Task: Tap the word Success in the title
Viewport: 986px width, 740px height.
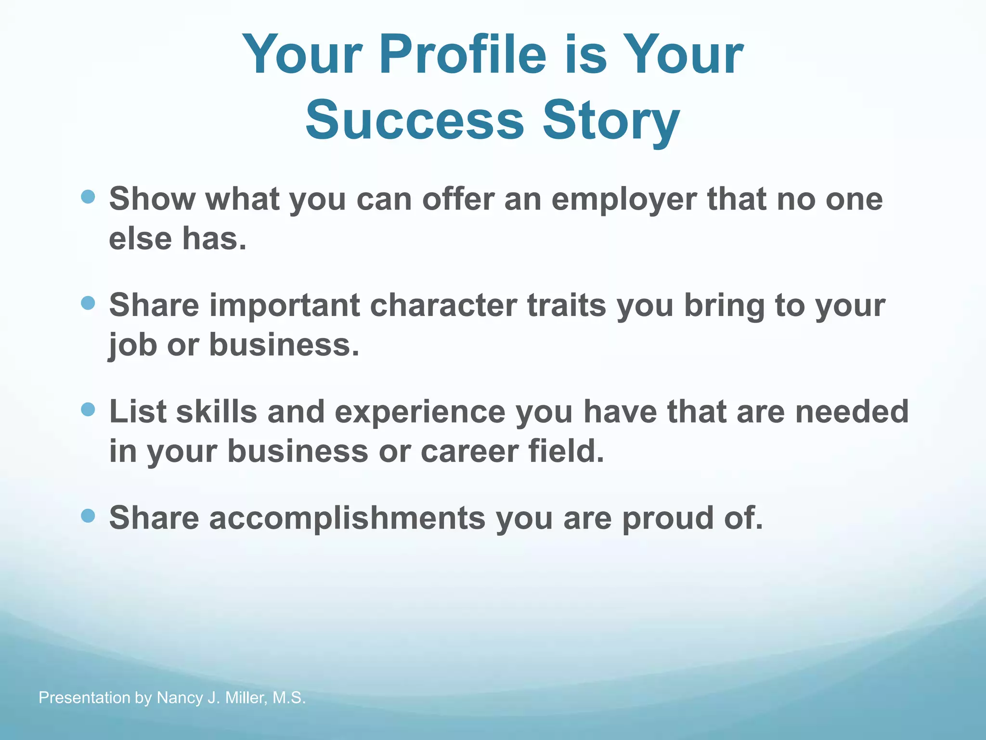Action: [414, 120]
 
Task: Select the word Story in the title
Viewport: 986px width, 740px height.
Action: [611, 120]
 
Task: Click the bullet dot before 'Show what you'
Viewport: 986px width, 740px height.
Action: [88, 196]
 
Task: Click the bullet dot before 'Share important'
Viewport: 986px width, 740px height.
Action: [88, 303]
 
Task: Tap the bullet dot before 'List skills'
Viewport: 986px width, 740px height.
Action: [88, 410]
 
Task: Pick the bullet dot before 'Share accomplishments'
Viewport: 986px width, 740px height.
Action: [88, 516]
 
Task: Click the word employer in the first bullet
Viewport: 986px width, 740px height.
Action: [623, 199]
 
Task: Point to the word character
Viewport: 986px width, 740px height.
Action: [443, 305]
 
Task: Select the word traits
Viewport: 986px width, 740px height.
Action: [566, 305]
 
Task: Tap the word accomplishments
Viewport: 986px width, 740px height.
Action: [347, 518]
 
